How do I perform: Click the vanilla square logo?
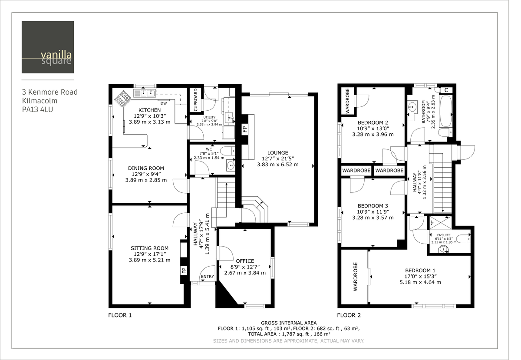click(x=48, y=47)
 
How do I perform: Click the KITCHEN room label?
click(x=149, y=110)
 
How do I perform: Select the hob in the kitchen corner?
click(x=121, y=98)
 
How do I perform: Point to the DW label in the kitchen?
click(x=164, y=103)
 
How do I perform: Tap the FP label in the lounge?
click(x=244, y=129)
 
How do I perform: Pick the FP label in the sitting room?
click(x=184, y=270)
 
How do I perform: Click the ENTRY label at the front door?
click(x=207, y=277)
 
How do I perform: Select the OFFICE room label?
click(x=244, y=261)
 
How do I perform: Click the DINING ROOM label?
click(x=146, y=168)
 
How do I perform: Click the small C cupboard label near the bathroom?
click(x=446, y=90)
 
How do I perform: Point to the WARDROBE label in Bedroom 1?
click(x=355, y=277)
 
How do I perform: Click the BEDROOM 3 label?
click(x=373, y=206)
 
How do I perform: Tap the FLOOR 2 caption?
click(x=349, y=315)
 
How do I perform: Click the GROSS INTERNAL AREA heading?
click(x=289, y=323)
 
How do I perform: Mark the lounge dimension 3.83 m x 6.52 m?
click(x=278, y=165)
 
